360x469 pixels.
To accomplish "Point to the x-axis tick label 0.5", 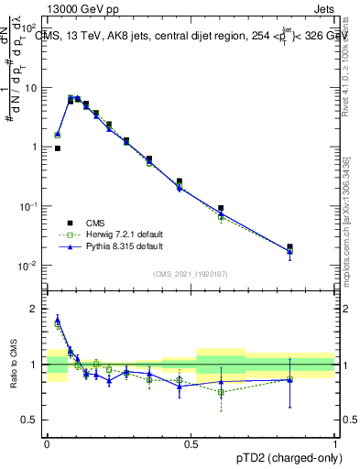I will [x=191, y=443].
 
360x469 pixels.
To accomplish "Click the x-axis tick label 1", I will [x=335, y=443].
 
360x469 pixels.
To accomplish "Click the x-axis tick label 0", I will [x=47, y=443].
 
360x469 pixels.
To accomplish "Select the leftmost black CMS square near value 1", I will [x=58, y=147].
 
